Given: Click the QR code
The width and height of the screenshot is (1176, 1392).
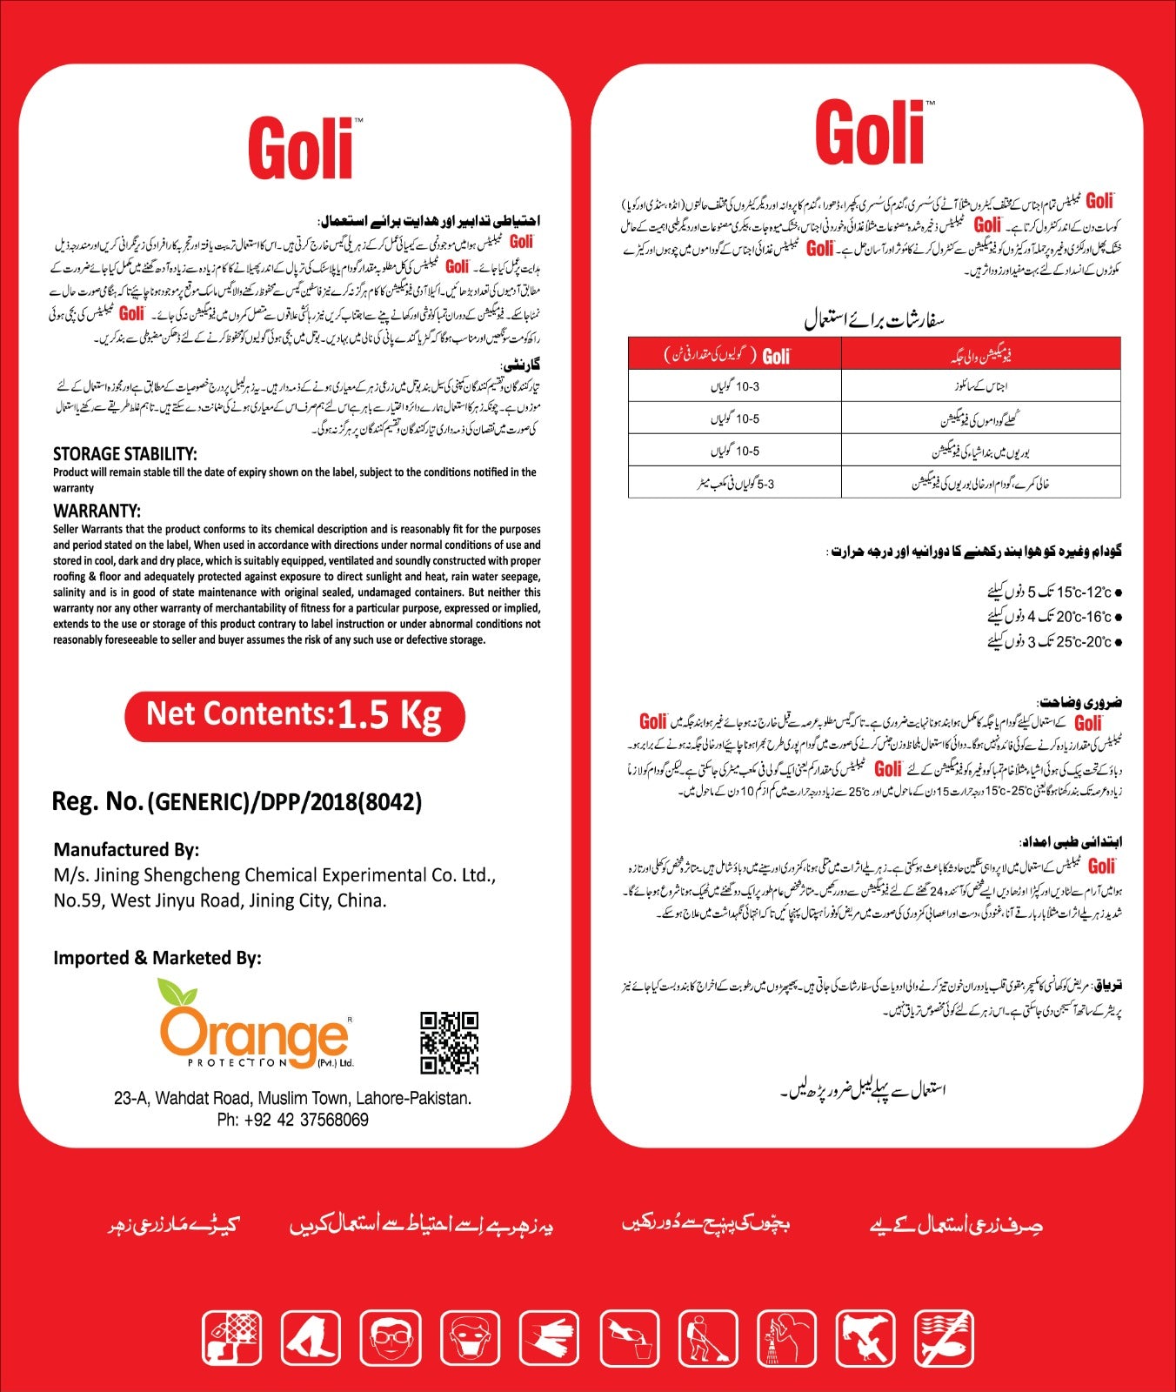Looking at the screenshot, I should click(x=449, y=1042).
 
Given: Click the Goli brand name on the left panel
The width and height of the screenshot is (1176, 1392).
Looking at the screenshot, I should click(x=301, y=149).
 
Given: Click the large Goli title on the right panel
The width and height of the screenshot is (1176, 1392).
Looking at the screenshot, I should click(x=870, y=132).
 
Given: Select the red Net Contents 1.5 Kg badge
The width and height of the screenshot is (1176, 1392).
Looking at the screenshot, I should click(x=295, y=715).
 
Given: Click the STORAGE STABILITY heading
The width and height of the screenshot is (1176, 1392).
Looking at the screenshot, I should click(x=125, y=454).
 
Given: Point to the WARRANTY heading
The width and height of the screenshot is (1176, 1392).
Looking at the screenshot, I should click(x=97, y=511).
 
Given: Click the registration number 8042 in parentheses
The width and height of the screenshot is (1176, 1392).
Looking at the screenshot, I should click(x=391, y=802).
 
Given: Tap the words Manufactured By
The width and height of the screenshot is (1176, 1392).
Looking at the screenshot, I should click(x=126, y=849).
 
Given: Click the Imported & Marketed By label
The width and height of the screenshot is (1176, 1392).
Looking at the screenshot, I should click(x=157, y=958).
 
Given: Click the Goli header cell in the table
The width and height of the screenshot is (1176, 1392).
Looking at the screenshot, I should click(x=735, y=355).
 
